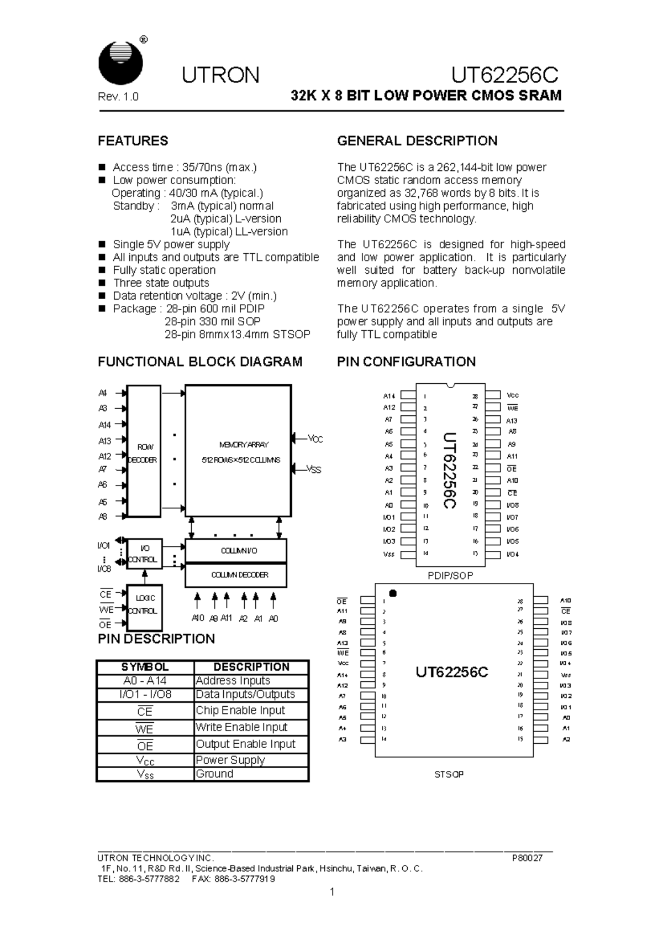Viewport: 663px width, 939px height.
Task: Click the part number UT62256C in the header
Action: (x=504, y=75)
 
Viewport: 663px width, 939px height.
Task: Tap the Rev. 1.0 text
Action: (x=118, y=97)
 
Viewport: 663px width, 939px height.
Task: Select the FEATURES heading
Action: (x=133, y=141)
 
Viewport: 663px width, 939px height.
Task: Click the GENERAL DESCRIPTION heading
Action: (x=417, y=141)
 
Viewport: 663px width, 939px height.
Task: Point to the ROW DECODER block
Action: (x=144, y=452)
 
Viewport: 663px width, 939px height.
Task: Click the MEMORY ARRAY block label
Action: (x=243, y=445)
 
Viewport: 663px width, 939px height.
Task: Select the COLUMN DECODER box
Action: (x=236, y=575)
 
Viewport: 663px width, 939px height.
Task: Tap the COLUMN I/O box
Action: (x=236, y=551)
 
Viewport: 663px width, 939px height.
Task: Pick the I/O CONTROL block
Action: (x=144, y=554)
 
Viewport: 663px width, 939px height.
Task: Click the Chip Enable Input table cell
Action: (x=240, y=710)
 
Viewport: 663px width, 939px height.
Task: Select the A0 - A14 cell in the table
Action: (x=145, y=681)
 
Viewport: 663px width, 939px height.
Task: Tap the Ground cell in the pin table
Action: (x=214, y=774)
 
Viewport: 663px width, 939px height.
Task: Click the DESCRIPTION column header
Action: (x=251, y=667)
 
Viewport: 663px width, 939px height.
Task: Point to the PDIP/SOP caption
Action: (x=450, y=576)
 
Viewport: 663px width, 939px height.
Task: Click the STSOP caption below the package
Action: (x=449, y=775)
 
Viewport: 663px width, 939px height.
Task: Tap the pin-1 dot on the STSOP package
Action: (x=393, y=593)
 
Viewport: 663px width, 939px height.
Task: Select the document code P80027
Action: (x=527, y=858)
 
